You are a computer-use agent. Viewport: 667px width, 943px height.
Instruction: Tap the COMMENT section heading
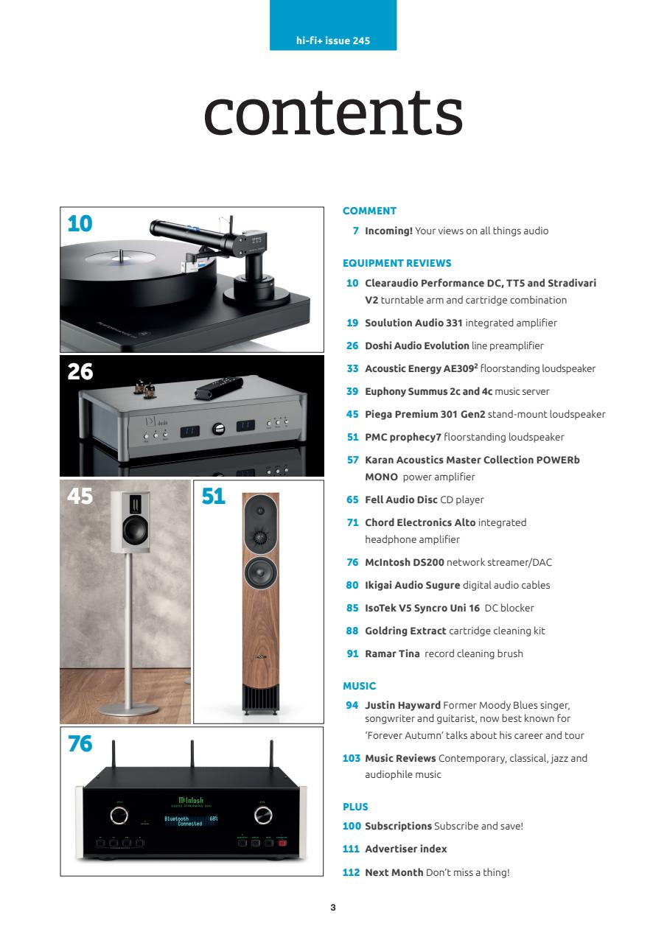point(369,211)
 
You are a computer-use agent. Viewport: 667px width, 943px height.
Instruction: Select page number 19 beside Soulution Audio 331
point(352,323)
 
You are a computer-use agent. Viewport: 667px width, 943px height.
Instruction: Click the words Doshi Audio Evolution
point(417,346)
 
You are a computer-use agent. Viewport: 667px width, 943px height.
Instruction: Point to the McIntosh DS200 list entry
point(458,562)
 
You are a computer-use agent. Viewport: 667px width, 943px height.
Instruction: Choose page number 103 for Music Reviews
point(351,758)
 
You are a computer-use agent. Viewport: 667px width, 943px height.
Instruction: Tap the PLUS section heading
point(355,807)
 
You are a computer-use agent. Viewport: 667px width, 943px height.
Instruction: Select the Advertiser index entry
point(405,849)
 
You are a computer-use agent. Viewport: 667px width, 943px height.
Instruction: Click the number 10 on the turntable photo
point(80,223)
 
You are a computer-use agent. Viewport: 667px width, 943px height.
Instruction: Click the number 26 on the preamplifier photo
point(80,372)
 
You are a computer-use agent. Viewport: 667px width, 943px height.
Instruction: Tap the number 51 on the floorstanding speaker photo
point(214,497)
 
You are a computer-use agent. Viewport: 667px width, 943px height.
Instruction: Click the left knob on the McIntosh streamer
point(117,815)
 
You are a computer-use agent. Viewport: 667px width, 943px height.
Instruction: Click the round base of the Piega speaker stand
point(130,709)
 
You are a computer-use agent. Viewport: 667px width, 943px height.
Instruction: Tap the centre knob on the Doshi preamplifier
point(217,429)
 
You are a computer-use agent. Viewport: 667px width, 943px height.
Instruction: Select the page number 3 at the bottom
point(333,908)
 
